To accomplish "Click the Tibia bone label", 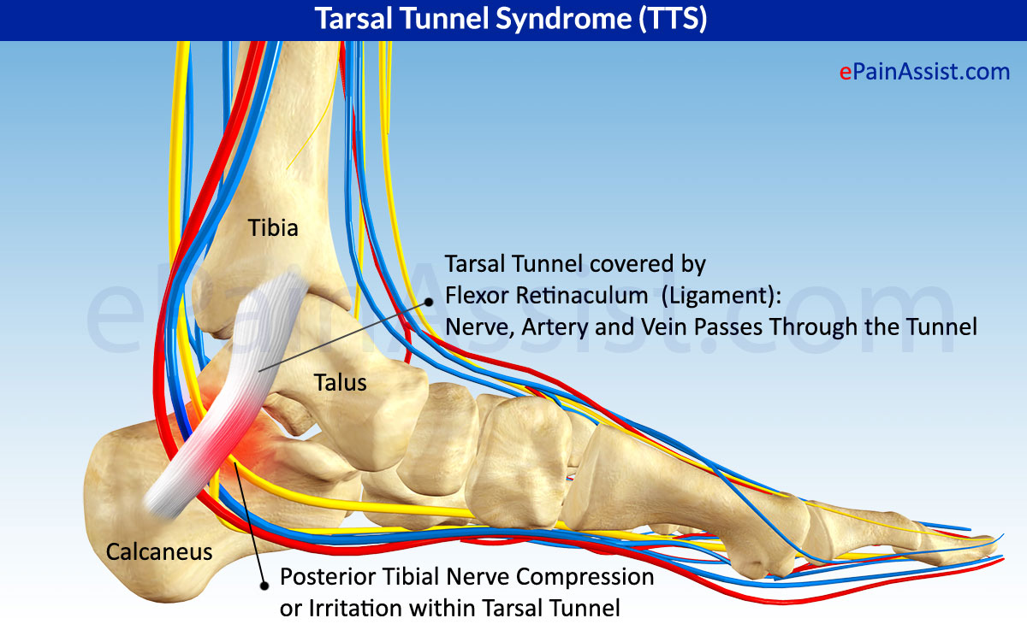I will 273,228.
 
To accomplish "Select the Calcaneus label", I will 159,552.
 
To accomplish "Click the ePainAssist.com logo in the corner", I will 924,72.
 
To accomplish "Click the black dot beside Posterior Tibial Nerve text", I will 264,584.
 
